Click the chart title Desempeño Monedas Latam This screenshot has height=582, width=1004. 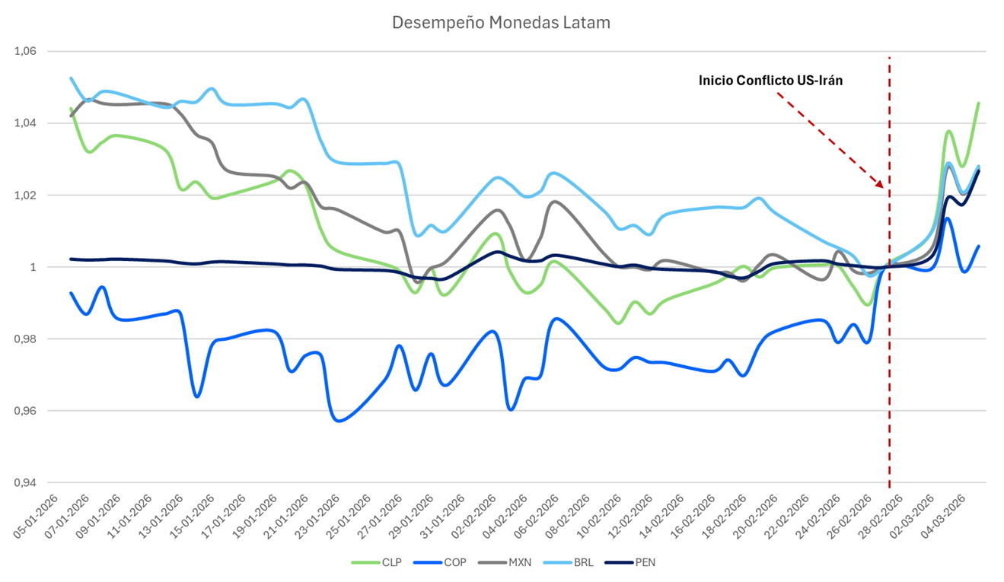[501, 23]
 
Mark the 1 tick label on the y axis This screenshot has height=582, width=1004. [33, 267]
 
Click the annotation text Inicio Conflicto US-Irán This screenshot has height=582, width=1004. [770, 81]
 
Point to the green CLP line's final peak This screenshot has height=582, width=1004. [979, 103]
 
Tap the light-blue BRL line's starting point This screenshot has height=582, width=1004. [71, 78]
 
